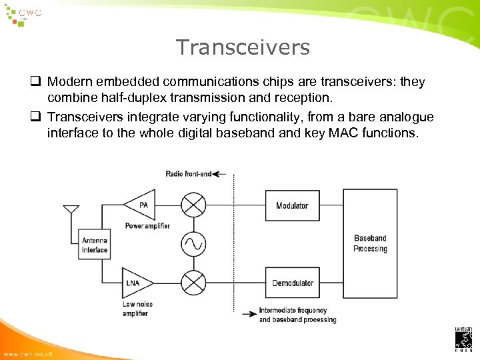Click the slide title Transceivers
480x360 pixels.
pyautogui.click(x=243, y=47)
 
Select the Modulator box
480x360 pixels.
pyautogui.click(x=292, y=205)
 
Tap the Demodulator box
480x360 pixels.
pyautogui.click(x=292, y=283)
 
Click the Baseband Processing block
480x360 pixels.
pyautogui.click(x=370, y=244)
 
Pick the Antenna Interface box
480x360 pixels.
pyautogui.click(x=95, y=245)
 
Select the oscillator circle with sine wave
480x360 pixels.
pyautogui.click(x=193, y=244)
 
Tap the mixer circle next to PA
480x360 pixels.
pyautogui.click(x=193, y=205)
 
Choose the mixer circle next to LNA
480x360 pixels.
pyautogui.click(x=193, y=283)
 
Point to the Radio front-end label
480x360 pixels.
pyautogui.click(x=188, y=174)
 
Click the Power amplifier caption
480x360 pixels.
pyautogui.click(x=148, y=226)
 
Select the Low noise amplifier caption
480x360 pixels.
pyautogui.click(x=137, y=309)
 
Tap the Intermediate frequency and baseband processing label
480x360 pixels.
pyautogui.click(x=297, y=315)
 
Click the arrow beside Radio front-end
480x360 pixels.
pyautogui.click(x=221, y=174)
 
